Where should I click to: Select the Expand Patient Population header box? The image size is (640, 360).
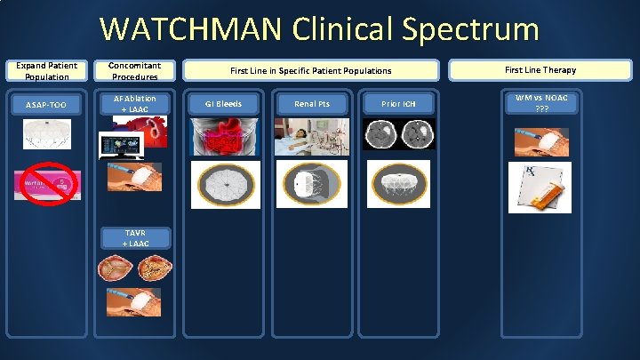pos(47,70)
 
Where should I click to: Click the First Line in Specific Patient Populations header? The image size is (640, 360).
pos(310,70)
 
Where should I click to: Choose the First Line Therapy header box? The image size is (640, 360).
pos(540,69)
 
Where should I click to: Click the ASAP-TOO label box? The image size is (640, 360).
pos(47,105)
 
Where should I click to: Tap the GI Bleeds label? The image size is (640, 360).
pos(224,104)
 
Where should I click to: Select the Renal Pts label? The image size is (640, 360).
pos(312,104)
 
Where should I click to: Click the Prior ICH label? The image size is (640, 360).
pos(397,104)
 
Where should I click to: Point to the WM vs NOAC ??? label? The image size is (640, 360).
pos(540,103)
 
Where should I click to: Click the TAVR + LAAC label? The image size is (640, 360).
pos(137,237)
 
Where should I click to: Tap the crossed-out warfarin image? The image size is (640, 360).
pos(46,184)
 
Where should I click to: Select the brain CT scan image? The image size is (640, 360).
pos(397,136)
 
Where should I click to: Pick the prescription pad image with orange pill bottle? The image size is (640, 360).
pos(540,187)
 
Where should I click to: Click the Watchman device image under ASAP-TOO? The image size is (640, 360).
pos(47,132)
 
